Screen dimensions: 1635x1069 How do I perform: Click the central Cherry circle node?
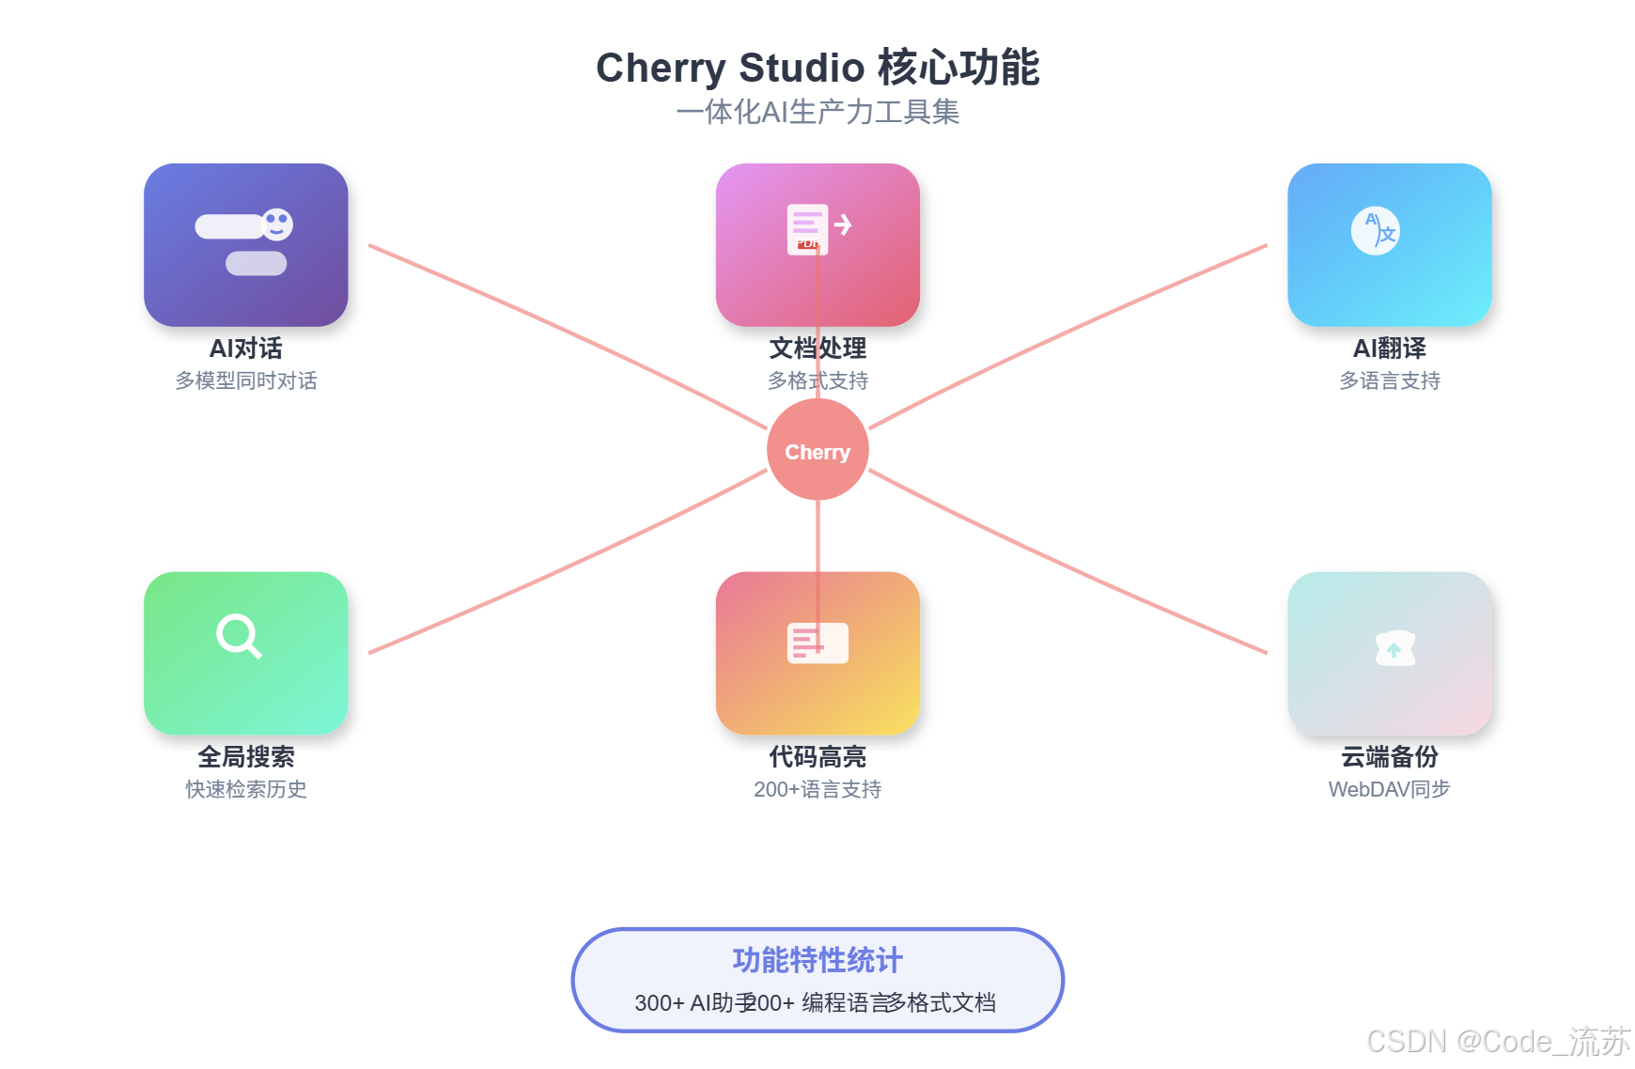pos(817,450)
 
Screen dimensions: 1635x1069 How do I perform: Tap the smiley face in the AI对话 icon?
pos(277,224)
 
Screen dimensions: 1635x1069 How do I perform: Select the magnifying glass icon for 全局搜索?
pos(239,637)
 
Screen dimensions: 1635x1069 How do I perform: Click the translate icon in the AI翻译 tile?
pos(1376,230)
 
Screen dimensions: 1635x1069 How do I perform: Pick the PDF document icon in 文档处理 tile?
pos(807,229)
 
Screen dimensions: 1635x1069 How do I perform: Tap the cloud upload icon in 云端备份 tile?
pos(1394,648)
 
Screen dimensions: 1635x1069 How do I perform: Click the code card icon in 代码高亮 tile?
pos(817,643)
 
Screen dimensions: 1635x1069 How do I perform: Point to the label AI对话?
pos(245,349)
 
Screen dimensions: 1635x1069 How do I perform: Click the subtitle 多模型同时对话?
pos(245,380)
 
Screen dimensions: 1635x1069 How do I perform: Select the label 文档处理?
pos(817,349)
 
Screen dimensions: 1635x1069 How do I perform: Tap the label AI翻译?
pos(1389,349)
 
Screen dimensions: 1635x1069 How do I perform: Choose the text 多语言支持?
pos(1389,380)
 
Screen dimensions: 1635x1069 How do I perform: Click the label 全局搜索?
pos(245,757)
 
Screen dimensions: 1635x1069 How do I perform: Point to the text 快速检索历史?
pos(245,789)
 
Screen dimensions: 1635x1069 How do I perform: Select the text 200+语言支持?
pos(817,789)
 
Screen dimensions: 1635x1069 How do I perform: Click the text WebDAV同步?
pos(1389,789)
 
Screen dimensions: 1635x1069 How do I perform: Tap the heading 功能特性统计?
pos(817,960)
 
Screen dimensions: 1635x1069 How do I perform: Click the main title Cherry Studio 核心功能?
pos(817,68)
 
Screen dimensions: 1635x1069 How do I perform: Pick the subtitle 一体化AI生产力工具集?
pos(817,112)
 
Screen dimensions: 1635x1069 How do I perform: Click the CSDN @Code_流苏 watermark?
pos(1498,1041)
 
